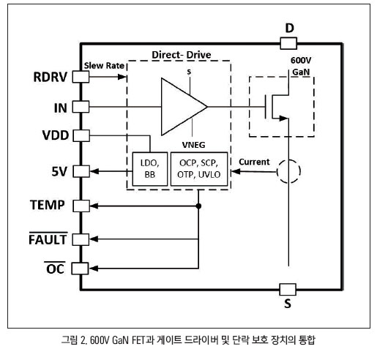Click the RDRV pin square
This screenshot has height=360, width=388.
(x=81, y=77)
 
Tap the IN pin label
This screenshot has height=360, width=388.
(x=61, y=108)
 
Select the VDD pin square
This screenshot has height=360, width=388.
(x=81, y=136)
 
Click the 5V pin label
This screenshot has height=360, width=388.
(x=59, y=171)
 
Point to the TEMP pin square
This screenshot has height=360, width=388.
(x=81, y=206)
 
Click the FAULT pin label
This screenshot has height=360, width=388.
(x=48, y=239)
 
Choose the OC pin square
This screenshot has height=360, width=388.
(x=80, y=269)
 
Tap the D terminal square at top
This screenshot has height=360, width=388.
(x=288, y=43)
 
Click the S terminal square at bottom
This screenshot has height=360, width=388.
(x=288, y=289)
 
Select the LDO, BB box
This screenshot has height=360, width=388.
(x=150, y=169)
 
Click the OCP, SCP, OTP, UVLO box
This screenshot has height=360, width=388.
(x=199, y=169)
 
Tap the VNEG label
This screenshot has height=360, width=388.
(x=193, y=145)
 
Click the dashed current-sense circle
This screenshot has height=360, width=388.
(x=288, y=171)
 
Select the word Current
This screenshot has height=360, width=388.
(x=254, y=162)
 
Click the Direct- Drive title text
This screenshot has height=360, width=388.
(x=182, y=55)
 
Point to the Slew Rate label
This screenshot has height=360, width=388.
(x=104, y=66)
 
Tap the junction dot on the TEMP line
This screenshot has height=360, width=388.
(x=198, y=206)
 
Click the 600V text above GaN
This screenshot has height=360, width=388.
(x=301, y=60)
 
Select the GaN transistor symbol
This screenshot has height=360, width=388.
(x=277, y=107)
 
